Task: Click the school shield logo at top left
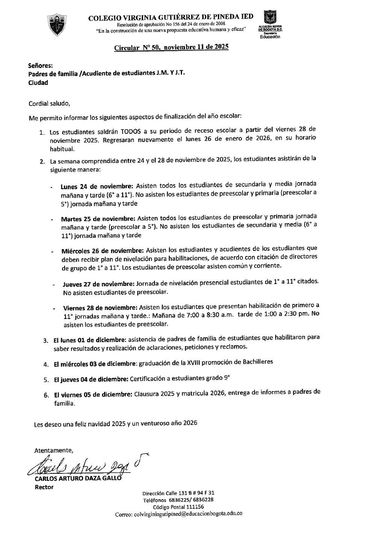(x=57, y=25)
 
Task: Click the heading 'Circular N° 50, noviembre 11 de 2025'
(x=171, y=48)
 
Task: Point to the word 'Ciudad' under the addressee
(x=38, y=83)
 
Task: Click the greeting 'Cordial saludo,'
(x=50, y=103)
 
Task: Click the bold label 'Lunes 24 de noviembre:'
(x=97, y=186)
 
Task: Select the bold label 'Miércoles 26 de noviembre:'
(x=103, y=250)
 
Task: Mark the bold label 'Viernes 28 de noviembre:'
(x=101, y=307)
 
